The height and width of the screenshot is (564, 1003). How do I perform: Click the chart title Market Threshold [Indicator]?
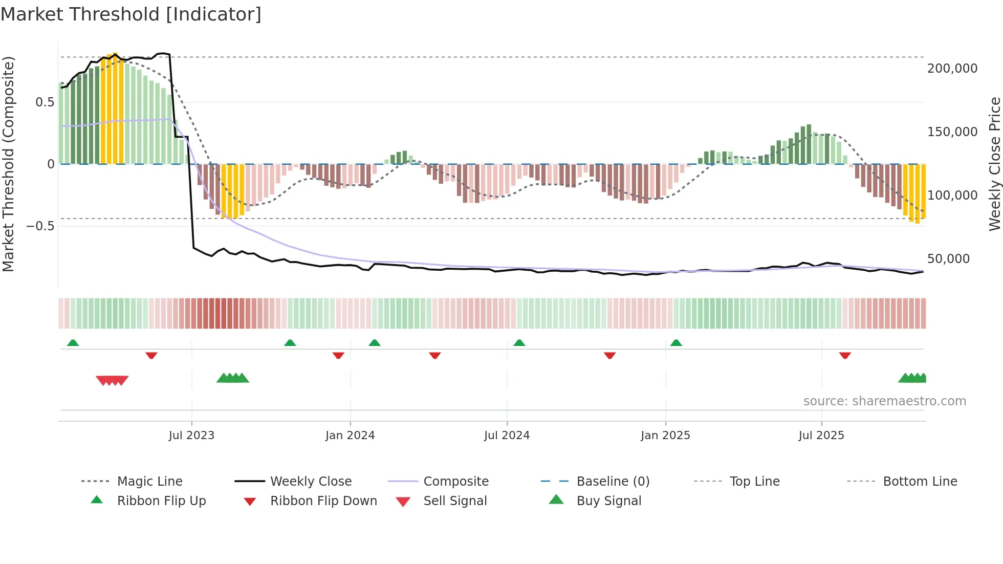[131, 14]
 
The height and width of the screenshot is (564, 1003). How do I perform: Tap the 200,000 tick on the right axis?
[952, 69]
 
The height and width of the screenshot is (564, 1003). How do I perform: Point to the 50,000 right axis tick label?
[948, 259]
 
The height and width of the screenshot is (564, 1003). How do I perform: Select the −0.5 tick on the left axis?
[40, 226]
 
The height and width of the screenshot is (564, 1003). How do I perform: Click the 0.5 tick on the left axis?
[45, 102]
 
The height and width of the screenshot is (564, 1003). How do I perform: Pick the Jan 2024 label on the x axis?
[350, 436]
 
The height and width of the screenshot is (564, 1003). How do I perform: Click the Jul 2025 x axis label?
[821, 436]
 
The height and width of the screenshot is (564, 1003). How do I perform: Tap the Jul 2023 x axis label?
[191, 436]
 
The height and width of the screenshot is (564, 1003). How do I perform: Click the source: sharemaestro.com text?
[884, 401]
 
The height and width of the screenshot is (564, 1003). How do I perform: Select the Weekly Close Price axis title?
[994, 164]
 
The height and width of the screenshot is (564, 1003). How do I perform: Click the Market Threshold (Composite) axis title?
[8, 164]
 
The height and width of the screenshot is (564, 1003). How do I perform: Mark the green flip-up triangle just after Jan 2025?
[676, 343]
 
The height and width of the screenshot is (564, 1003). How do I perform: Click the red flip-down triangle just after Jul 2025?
[845, 355]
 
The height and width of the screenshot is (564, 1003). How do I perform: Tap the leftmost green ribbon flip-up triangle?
[73, 343]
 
